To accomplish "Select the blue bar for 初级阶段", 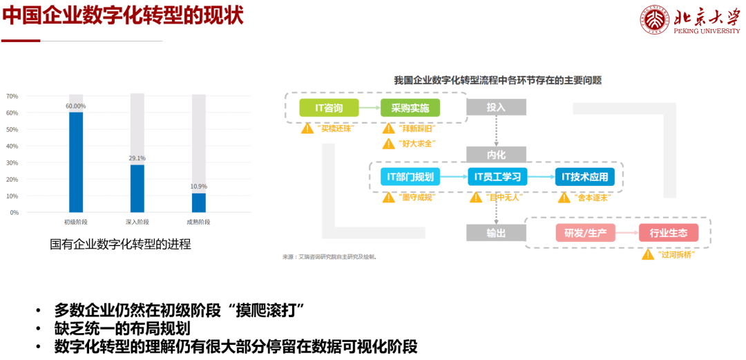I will coord(76,162).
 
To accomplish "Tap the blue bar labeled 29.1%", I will coord(137,188).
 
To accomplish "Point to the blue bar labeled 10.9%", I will coord(199,202).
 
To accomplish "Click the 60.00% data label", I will coord(76,106).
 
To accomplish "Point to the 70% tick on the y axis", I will coord(12,96).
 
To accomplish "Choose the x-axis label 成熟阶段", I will coord(198,222).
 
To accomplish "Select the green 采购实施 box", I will coord(410,108).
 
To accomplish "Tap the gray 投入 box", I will coord(496,107).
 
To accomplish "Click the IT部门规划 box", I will coord(410,177).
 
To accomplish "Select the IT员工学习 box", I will coord(497,177).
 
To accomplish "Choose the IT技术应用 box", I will coord(584,177).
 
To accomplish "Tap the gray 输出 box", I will coord(496,233).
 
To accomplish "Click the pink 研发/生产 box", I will coord(584,233).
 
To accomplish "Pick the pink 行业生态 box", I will coord(668,233).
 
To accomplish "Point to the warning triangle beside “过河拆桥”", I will coord(647,254).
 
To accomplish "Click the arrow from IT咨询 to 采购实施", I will coord(370,108).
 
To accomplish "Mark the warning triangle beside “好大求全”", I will coord(388,144).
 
